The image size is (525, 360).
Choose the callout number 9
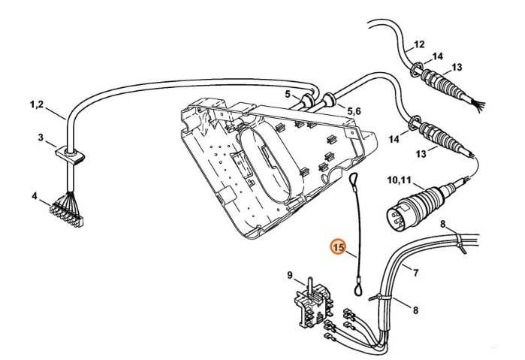tap(289, 275)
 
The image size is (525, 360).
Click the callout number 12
tap(419, 44)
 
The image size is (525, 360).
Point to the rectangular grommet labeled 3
tap(72, 155)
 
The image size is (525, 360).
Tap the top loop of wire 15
tap(354, 178)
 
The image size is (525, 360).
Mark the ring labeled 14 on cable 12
tap(415, 71)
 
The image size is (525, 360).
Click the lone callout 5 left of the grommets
tap(286, 94)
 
